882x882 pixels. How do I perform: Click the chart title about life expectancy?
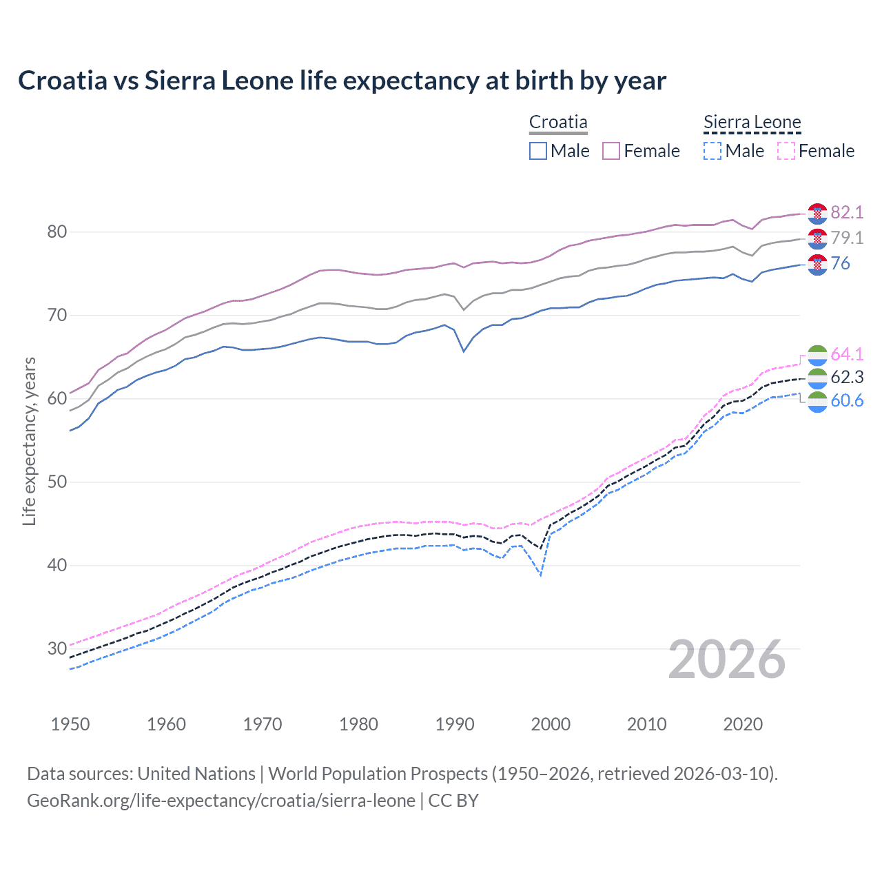342,81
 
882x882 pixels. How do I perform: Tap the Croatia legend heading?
558,123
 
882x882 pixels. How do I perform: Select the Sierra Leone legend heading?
752,123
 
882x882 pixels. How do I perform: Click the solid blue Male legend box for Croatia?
538,151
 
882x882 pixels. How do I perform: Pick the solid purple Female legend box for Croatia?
611,151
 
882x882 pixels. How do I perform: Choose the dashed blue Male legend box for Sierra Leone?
712,151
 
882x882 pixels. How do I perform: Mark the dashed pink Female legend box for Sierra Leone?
786,151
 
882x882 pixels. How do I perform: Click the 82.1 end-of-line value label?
847,212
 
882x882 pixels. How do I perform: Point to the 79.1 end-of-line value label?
847,238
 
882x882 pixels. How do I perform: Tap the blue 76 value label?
841,263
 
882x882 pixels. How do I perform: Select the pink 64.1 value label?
847,354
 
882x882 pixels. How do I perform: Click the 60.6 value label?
847,400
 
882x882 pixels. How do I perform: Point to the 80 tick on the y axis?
57,232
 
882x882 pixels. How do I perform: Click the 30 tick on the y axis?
57,649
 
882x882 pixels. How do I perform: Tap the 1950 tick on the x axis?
70,724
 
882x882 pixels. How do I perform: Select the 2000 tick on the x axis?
551,724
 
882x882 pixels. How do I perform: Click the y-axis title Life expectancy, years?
29,441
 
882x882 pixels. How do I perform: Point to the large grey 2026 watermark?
726,659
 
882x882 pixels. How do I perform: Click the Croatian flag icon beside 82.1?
817,214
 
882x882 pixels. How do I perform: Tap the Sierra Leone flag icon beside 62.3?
817,378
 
